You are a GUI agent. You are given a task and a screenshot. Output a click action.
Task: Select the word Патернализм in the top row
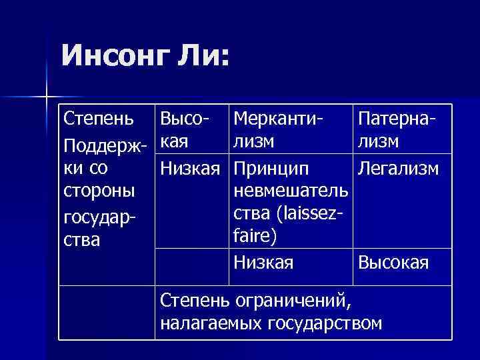[x=397, y=130]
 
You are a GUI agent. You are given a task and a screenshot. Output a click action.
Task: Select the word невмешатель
[x=291, y=191]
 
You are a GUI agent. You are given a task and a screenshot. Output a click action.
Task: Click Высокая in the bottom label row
[x=393, y=262]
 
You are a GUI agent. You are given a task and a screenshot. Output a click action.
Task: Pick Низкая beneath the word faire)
[x=263, y=262]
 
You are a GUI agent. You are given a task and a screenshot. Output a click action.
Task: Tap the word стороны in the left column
[x=99, y=191]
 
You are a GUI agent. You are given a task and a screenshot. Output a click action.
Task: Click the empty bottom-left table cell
[x=107, y=312]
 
